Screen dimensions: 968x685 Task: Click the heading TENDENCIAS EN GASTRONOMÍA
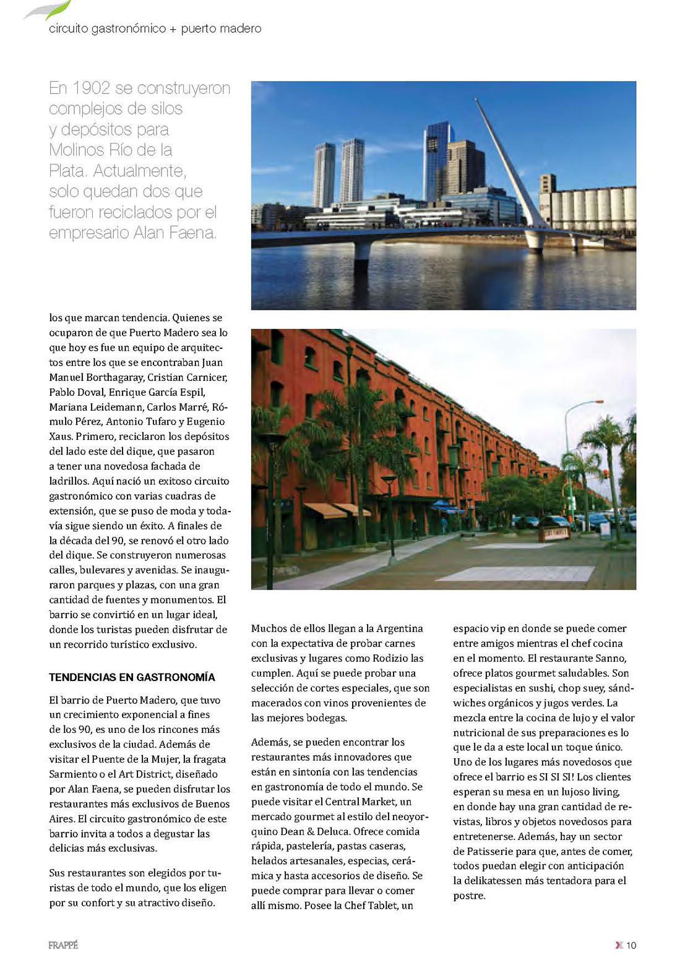pos(132,677)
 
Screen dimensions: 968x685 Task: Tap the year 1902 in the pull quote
pos(92,88)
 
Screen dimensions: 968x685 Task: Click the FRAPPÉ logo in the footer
pos(63,945)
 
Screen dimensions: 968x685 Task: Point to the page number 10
pos(631,945)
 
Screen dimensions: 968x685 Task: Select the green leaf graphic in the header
pos(50,9)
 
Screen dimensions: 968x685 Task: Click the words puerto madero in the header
pos(221,28)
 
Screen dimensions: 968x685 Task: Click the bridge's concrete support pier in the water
pos(363,250)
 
